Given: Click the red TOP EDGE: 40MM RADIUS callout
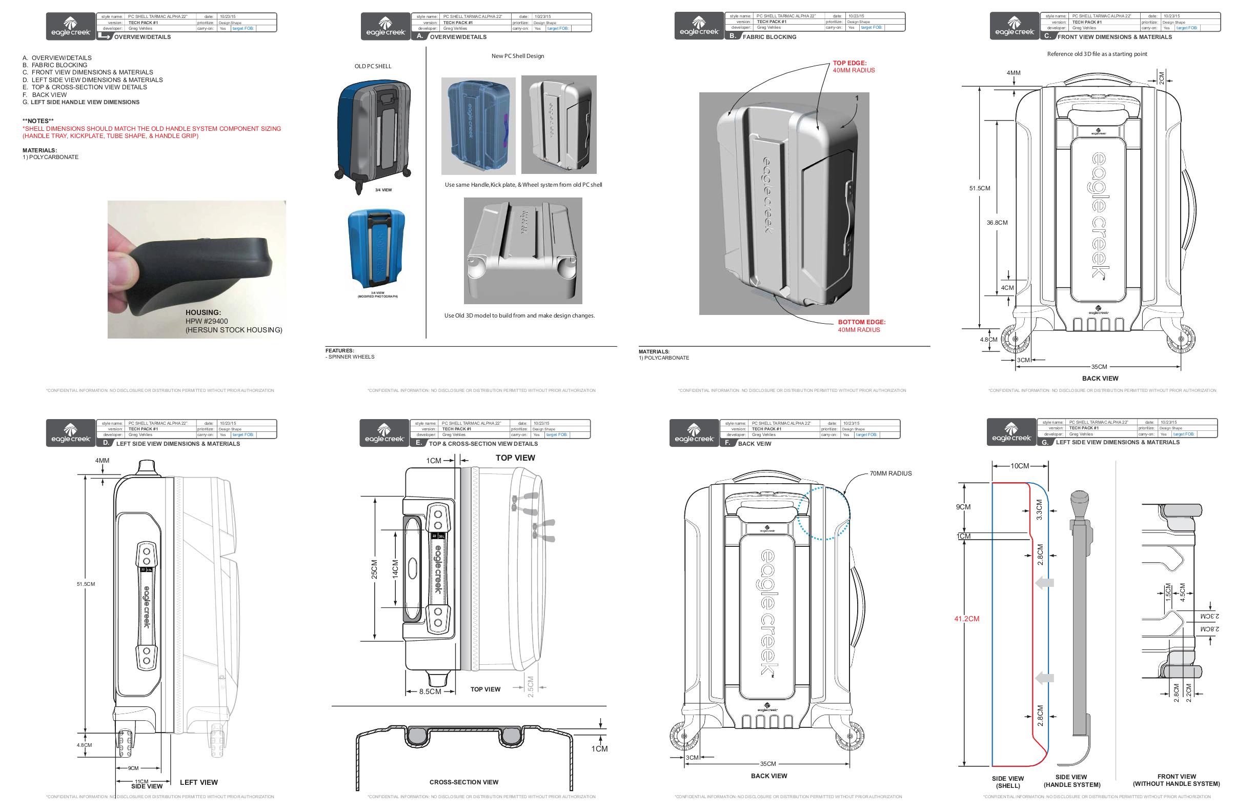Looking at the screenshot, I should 853,67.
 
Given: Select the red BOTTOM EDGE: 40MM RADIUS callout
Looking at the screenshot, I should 861,326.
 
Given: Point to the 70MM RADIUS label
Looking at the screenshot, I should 890,473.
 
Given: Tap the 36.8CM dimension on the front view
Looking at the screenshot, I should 997,223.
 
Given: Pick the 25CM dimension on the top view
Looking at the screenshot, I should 374,569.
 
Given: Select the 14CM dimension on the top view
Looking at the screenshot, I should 395,569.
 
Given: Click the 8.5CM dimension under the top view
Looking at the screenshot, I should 430,691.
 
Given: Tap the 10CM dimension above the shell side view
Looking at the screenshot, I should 1019,466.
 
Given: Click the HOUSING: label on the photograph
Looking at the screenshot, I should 203,312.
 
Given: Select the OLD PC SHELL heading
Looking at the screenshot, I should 373,66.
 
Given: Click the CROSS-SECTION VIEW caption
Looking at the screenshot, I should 463,782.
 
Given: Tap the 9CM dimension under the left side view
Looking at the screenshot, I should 133,768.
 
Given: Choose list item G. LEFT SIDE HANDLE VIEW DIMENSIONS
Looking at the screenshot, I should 81,102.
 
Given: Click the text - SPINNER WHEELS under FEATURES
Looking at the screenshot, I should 351,357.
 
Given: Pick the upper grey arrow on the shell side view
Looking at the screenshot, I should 1044,583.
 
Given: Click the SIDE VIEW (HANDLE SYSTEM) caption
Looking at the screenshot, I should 1071,781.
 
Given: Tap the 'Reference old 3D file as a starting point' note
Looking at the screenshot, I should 1097,54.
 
